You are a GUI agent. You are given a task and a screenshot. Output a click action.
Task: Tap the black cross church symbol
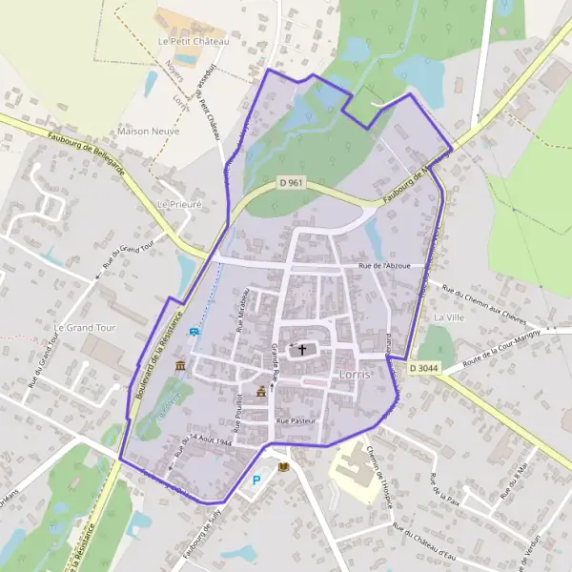pyautogui.click(x=303, y=349)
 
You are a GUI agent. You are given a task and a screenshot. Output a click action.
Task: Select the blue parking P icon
pyautogui.click(x=255, y=481)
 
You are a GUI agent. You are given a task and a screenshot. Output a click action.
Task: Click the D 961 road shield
pyautogui.click(x=292, y=182)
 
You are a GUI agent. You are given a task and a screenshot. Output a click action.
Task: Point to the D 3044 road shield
pyautogui.click(x=425, y=367)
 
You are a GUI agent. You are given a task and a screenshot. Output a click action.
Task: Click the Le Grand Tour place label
pyautogui.click(x=84, y=327)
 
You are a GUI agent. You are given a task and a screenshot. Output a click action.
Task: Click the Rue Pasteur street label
pyautogui.click(x=295, y=420)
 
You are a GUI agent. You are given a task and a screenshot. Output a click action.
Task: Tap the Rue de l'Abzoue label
pyautogui.click(x=384, y=266)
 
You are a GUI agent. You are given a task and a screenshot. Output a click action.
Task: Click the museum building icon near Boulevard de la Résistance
pyautogui.click(x=180, y=366)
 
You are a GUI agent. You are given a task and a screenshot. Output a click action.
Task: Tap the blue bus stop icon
pyautogui.click(x=195, y=332)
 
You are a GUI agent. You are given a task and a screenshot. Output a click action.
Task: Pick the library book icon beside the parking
pyautogui.click(x=283, y=466)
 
